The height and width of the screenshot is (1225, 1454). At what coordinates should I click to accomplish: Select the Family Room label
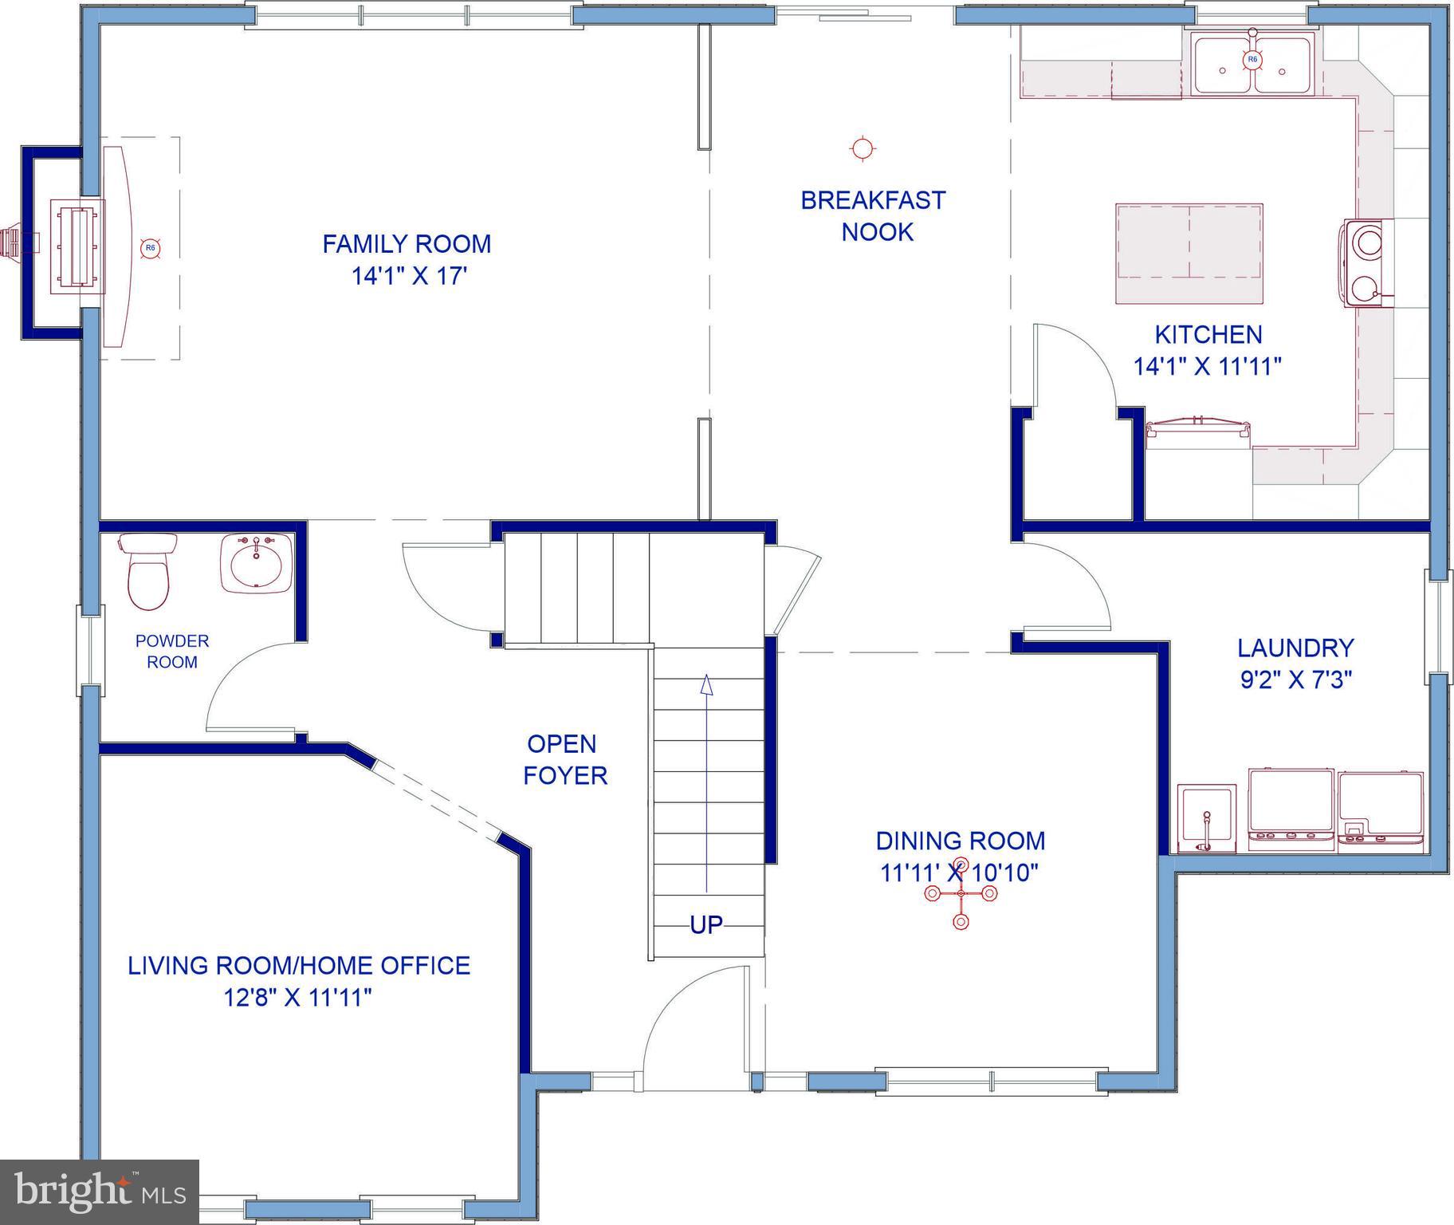click(407, 244)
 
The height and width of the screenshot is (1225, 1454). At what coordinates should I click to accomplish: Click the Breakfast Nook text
click(874, 216)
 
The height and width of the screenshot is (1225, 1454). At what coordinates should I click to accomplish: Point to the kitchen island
click(1189, 254)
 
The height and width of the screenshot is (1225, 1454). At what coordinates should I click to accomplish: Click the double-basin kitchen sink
click(1252, 67)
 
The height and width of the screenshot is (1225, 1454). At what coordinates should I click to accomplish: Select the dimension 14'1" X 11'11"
click(1208, 367)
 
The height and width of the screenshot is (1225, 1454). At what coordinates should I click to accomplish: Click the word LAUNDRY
click(1295, 648)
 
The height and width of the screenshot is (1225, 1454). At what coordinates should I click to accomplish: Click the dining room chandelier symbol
click(961, 894)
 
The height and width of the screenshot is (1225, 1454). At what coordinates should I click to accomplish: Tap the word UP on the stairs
click(706, 925)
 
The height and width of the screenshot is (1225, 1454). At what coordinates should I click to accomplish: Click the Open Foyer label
click(565, 759)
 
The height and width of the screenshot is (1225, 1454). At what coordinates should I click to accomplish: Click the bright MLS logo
click(100, 1192)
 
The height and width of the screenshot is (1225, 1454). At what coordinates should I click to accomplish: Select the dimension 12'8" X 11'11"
click(298, 998)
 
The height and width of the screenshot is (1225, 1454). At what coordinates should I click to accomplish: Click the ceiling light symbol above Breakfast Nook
click(862, 148)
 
